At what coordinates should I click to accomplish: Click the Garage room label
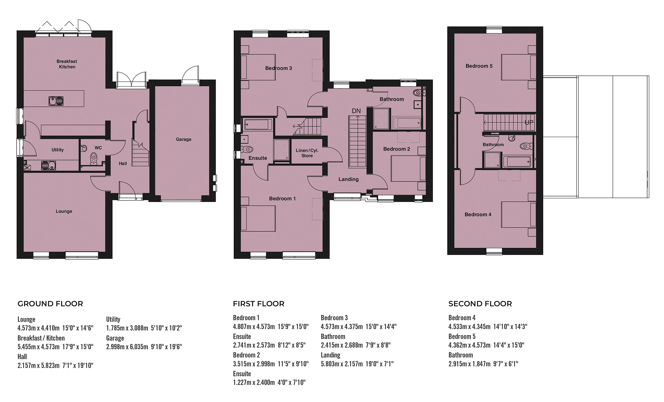[x=183, y=139]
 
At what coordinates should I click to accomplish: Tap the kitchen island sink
[x=56, y=101]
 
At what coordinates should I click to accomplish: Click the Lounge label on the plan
[x=64, y=211]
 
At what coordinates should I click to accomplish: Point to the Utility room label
[x=57, y=150]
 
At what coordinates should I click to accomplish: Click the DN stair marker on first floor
[x=356, y=111]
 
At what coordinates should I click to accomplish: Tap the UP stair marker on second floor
[x=529, y=123]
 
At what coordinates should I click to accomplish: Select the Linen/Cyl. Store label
[x=307, y=153]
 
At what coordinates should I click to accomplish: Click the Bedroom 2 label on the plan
[x=397, y=149]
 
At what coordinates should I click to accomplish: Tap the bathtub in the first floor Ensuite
[x=258, y=124]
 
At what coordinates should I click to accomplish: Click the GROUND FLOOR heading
[x=50, y=304]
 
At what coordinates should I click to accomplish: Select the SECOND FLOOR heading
[x=480, y=304]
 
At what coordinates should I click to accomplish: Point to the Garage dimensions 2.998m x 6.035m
[x=144, y=347]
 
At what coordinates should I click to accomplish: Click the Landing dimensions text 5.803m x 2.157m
[x=357, y=364]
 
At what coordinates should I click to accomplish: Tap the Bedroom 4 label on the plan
[x=478, y=214]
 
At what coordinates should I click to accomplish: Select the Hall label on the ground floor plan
[x=123, y=164]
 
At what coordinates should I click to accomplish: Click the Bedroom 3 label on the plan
[x=278, y=68]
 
